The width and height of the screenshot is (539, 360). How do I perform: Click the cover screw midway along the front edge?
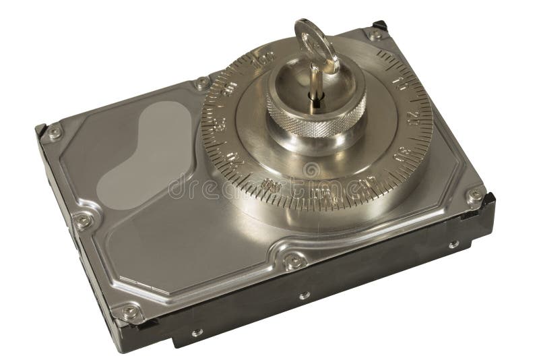point(291,260)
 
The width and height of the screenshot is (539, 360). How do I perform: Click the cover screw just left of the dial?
point(200,84)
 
